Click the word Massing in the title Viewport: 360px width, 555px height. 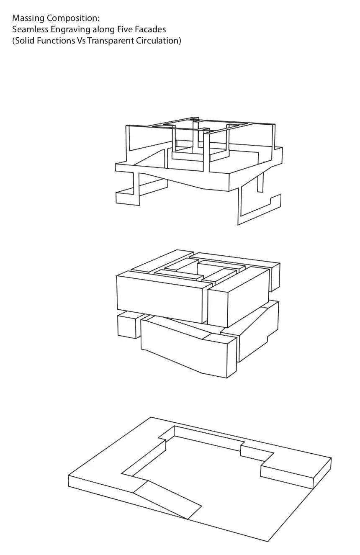[29, 18]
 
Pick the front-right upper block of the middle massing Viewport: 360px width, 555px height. [238, 297]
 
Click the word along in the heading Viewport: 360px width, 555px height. [103, 29]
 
